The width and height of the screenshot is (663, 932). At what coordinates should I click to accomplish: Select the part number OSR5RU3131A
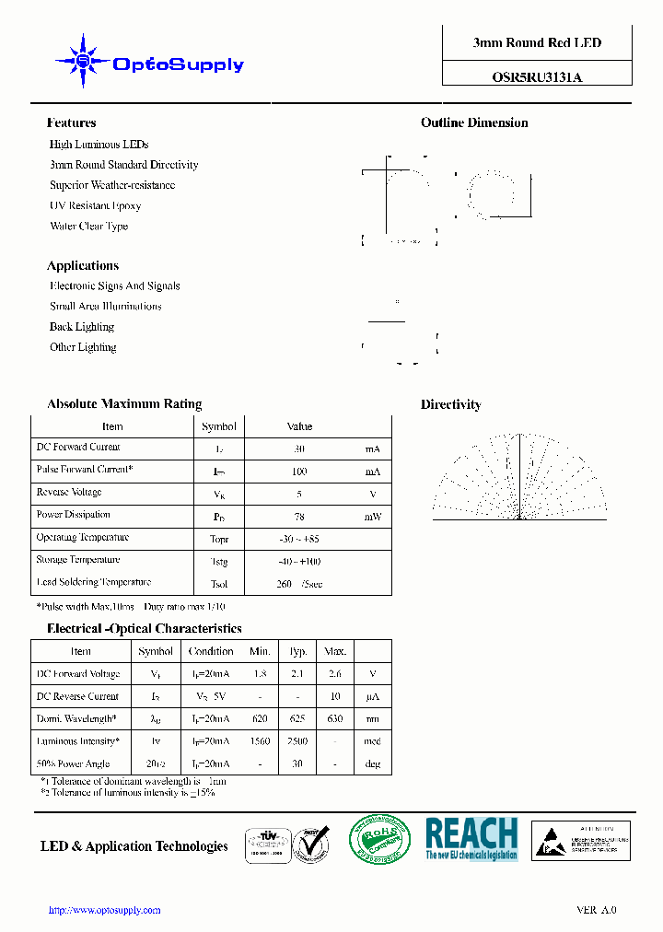[537, 78]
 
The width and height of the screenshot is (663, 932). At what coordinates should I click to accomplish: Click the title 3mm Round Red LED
[537, 43]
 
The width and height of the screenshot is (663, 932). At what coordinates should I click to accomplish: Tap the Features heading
[71, 122]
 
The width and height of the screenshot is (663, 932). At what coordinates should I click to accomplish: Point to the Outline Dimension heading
[474, 122]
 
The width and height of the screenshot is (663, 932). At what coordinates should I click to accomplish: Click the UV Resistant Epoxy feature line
[95, 205]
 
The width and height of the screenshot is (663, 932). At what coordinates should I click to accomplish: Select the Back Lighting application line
[82, 327]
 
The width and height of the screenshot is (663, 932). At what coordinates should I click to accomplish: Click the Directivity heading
[450, 404]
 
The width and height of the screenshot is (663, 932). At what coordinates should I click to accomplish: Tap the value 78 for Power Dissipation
[299, 517]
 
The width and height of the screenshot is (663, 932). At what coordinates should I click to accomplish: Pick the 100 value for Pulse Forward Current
[299, 472]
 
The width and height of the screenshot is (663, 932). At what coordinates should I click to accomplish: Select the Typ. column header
[297, 651]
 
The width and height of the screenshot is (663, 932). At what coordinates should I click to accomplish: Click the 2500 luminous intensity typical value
[297, 741]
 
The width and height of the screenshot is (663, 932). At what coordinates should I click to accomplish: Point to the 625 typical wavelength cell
[297, 719]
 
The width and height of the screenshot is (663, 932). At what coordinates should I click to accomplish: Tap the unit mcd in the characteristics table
[372, 741]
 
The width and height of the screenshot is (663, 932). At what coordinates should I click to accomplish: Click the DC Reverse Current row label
[78, 696]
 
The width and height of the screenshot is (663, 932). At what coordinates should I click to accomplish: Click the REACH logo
[471, 839]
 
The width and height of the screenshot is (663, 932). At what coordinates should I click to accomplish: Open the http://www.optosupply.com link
[104, 910]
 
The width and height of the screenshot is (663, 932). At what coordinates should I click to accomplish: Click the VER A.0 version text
[596, 910]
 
